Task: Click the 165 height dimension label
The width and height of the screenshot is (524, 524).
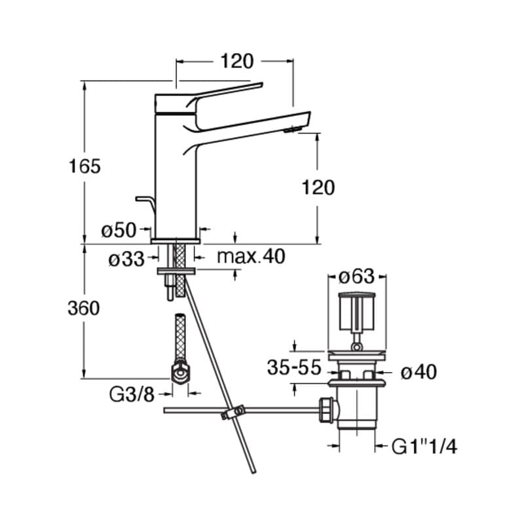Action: [x=85, y=166]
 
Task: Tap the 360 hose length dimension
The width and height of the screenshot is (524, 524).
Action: [x=84, y=308]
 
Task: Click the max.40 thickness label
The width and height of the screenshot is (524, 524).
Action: [x=251, y=257]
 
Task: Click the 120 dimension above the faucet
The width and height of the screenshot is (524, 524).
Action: [x=236, y=62]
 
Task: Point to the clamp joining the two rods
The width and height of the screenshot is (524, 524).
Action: [x=232, y=413]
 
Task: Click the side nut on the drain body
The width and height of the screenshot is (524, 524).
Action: [x=327, y=410]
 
